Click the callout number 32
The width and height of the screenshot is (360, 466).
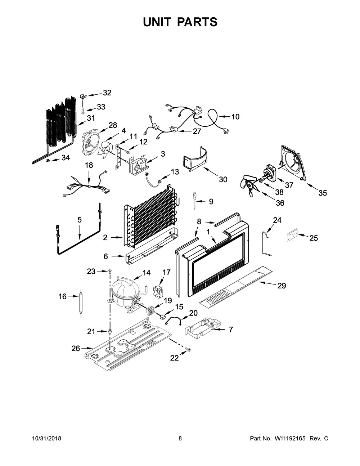coord(107,93)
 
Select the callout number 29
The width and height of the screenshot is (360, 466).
coord(282,286)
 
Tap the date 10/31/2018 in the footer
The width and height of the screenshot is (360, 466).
coord(47,439)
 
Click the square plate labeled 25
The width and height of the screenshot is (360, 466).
coord(292,237)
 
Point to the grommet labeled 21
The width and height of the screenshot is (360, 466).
coord(109,331)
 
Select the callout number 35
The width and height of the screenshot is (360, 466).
coord(322,193)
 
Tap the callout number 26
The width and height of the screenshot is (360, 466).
coord(75,348)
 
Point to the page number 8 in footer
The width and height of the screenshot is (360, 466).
coord(180,439)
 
